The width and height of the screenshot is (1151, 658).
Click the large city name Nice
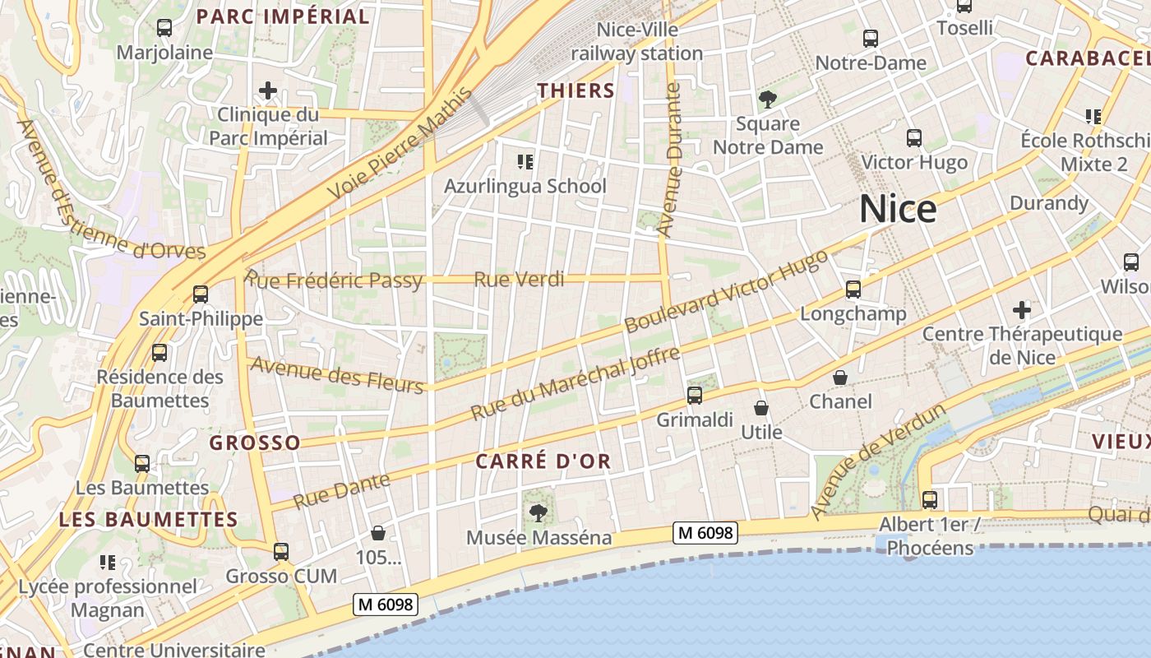coord(897,210)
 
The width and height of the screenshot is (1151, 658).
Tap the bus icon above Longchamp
coord(853,290)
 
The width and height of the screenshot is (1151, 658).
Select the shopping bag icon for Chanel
coord(840,378)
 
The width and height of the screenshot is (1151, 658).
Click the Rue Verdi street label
coord(519,280)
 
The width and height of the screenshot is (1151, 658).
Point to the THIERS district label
coord(576,90)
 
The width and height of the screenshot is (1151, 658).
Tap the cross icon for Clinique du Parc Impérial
coord(268,90)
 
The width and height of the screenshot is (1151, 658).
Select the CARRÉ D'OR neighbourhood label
coord(543,461)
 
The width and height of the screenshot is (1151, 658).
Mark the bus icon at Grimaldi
coord(695,396)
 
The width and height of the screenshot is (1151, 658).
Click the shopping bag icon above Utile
coord(761,408)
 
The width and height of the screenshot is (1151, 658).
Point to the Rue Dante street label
coord(341,491)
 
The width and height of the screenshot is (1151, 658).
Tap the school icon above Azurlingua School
coord(525,162)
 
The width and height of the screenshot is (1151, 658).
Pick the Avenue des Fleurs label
coord(337,375)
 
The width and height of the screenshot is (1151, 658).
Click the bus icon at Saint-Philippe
coord(201,294)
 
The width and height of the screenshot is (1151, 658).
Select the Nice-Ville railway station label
coord(637,42)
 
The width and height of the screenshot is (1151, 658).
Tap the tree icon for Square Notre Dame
coord(768,100)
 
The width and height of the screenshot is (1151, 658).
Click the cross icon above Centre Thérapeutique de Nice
coord(1022,310)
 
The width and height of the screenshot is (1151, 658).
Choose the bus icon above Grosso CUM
coord(281,552)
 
